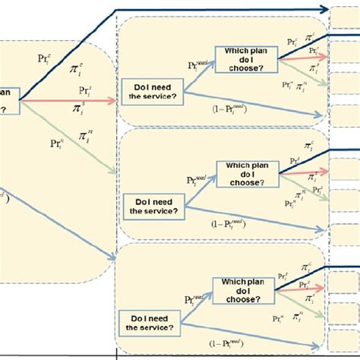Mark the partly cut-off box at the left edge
(x=8, y=99)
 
